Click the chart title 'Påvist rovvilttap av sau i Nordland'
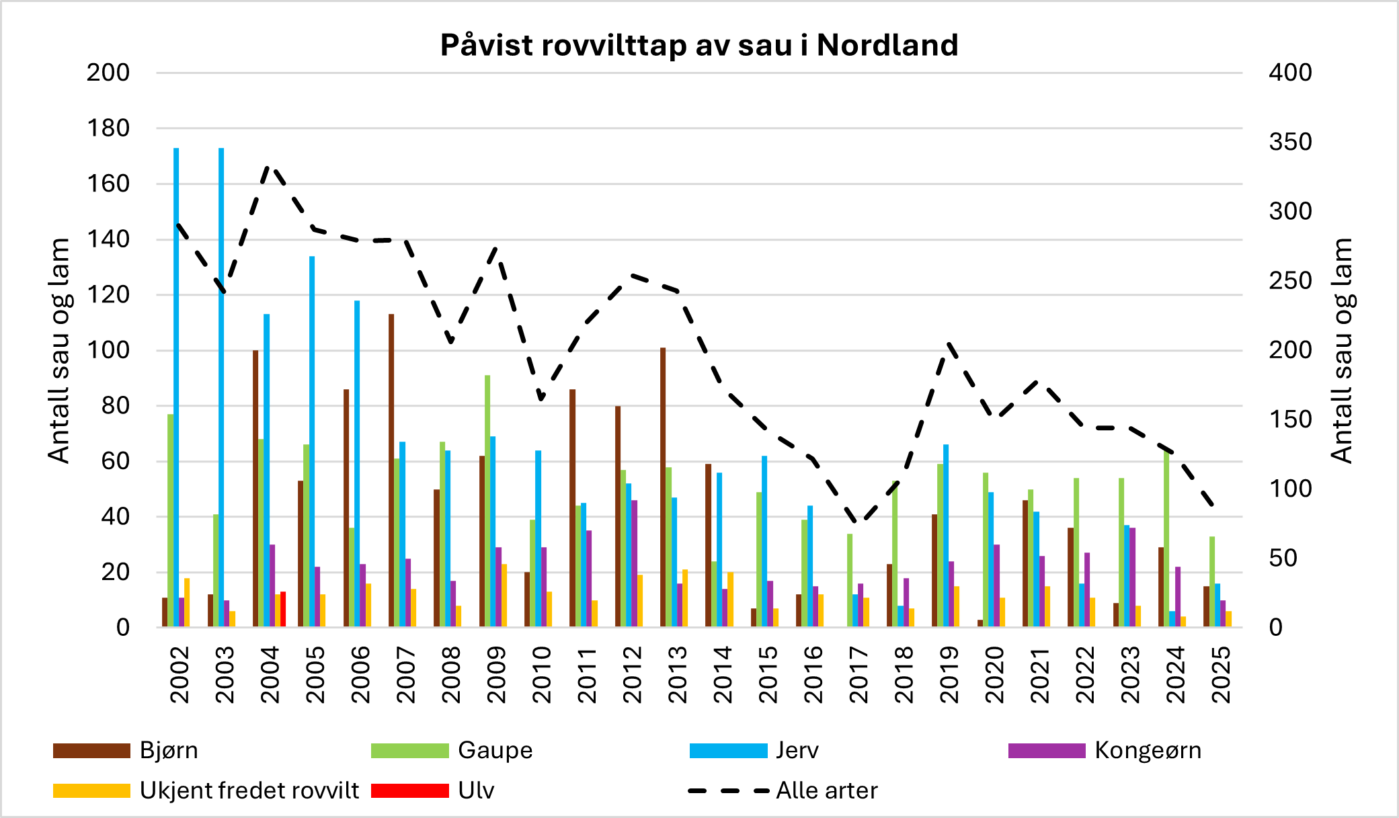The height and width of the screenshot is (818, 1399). (699, 45)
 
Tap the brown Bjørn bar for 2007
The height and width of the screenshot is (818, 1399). (391, 471)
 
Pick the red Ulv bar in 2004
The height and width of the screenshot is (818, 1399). (283, 609)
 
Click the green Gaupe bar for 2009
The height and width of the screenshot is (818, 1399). (487, 501)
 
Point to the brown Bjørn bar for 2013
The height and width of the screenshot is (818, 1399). (663, 487)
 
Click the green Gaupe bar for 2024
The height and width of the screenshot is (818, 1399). (1166, 538)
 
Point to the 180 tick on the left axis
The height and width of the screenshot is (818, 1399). (108, 128)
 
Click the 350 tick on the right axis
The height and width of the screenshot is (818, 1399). (1290, 142)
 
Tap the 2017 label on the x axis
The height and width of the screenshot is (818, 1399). (859, 674)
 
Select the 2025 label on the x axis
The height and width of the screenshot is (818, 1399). (1221, 674)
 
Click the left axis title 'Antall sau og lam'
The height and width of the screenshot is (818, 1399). (59, 350)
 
